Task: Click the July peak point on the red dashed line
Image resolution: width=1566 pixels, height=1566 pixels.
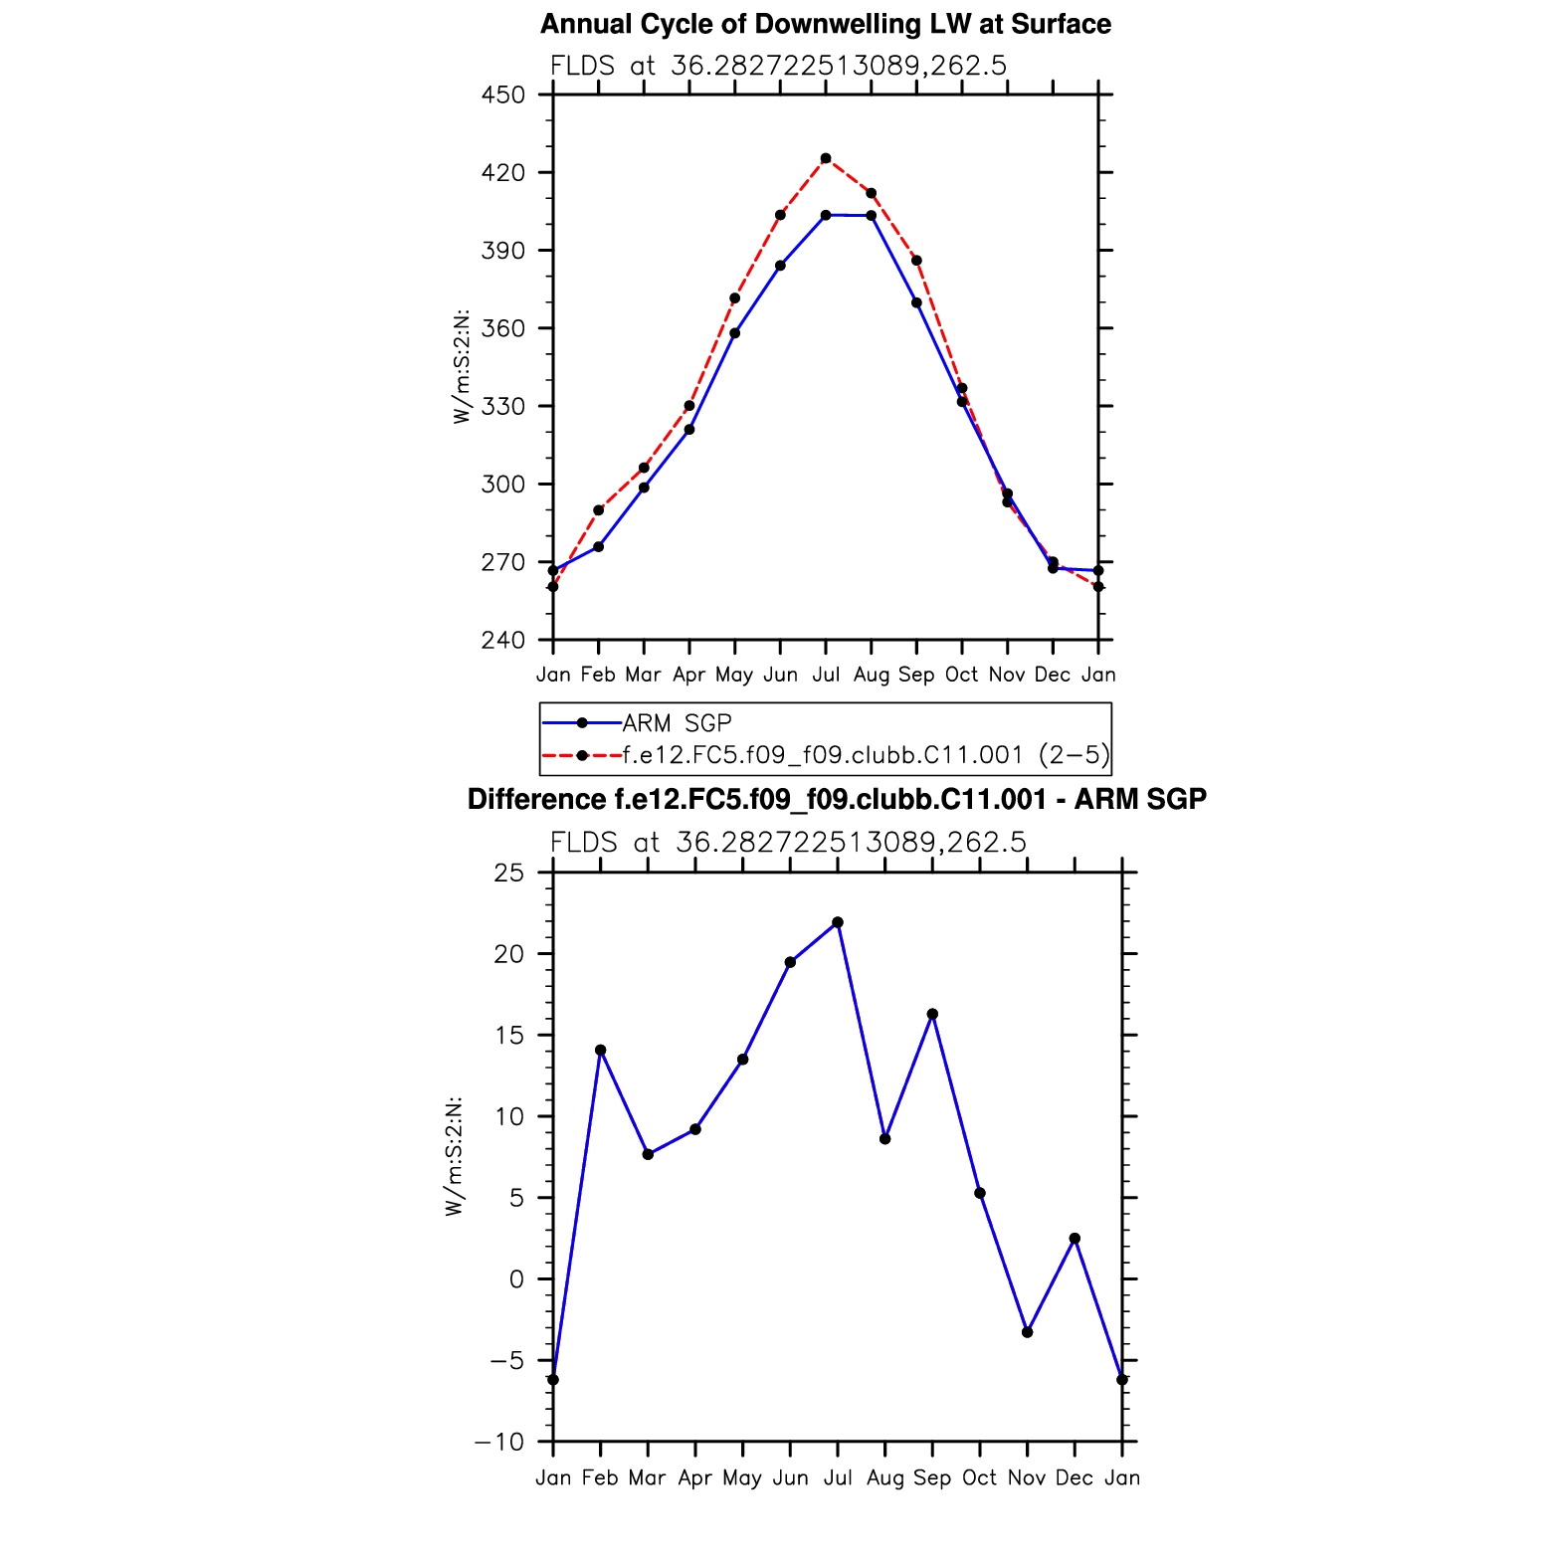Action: point(826,158)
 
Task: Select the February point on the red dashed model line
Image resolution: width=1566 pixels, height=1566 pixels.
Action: point(598,510)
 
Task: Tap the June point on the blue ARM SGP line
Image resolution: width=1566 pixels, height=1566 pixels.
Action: point(780,266)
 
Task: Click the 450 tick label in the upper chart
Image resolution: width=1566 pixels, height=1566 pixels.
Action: point(502,96)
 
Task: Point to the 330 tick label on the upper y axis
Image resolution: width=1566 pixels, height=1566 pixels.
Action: point(502,407)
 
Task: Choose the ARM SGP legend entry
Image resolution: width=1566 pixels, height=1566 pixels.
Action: point(677,723)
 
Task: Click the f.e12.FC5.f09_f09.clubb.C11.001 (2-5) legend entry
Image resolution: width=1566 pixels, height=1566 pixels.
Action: point(866,755)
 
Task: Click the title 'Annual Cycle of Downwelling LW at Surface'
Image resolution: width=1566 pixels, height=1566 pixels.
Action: point(825,24)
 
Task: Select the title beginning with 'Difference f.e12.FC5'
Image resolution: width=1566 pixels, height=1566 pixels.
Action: point(837,800)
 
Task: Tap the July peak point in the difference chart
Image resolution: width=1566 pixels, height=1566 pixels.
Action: point(838,922)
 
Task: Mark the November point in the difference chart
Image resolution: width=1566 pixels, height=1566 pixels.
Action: point(1027,1332)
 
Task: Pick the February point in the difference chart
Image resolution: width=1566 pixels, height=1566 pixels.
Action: point(600,1050)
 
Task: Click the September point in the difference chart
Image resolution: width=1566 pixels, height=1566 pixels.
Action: point(932,1014)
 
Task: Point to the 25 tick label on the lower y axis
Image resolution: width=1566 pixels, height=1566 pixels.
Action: point(508,874)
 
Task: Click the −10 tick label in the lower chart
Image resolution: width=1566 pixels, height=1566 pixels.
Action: point(498,1443)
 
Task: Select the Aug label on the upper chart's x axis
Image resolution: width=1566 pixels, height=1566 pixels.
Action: point(871,676)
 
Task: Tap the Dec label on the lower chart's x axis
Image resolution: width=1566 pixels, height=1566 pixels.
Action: point(1075,1478)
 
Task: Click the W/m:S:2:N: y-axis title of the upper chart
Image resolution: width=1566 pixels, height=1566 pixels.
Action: point(461,367)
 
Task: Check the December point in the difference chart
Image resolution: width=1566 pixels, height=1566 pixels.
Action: point(1075,1239)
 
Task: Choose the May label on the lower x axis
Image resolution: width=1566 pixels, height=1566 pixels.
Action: point(742,1478)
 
